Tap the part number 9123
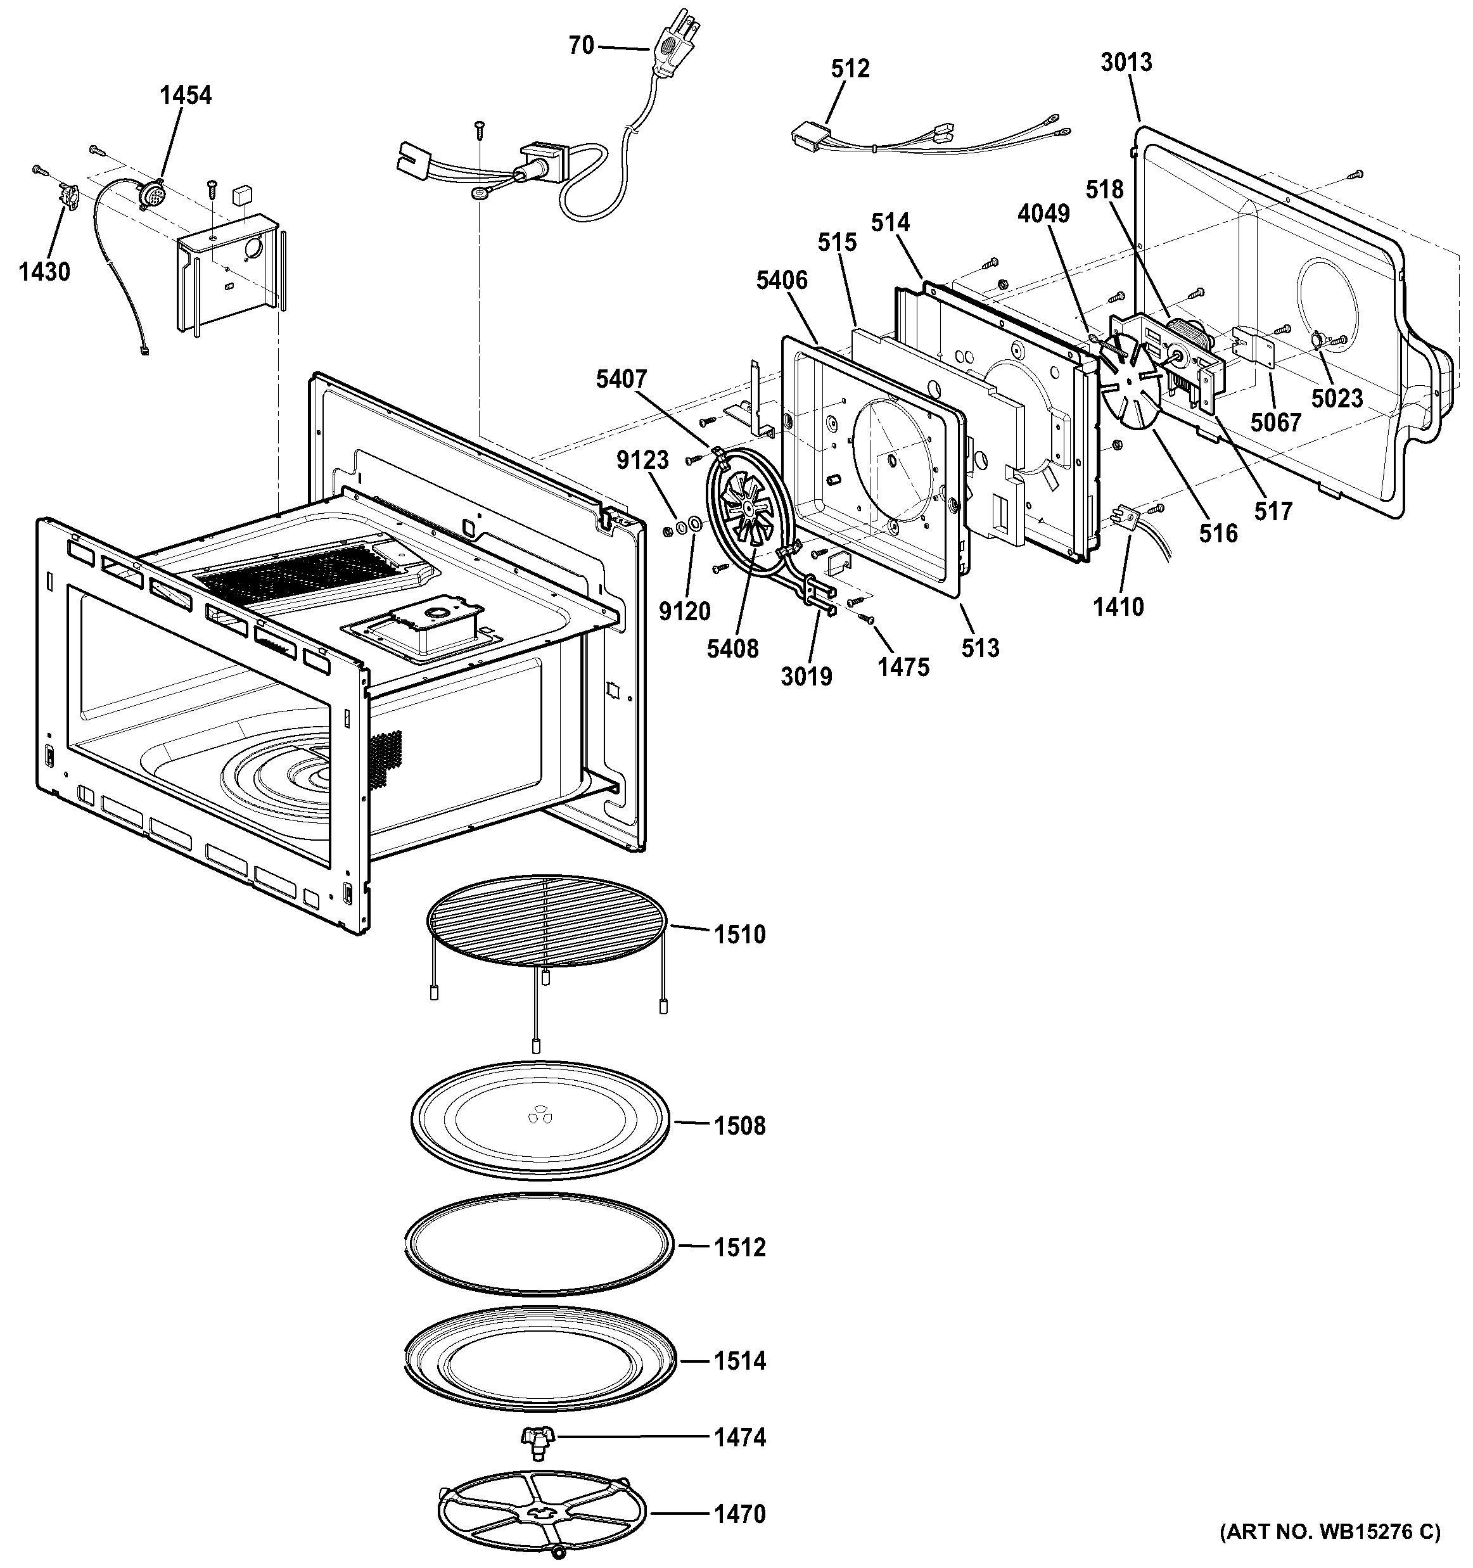[642, 460]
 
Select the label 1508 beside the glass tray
[739, 1126]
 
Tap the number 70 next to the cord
[581, 46]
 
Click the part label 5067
[1275, 423]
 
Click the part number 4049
[1043, 213]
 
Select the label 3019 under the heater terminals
[806, 676]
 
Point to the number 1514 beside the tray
[739, 1361]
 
